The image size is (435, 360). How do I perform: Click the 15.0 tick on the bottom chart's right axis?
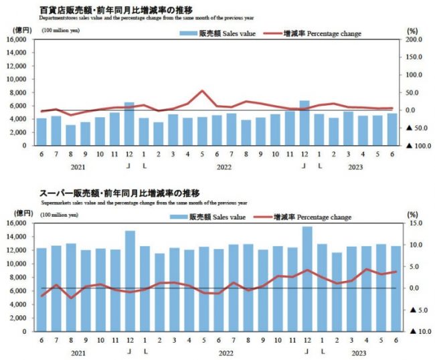click(415, 223)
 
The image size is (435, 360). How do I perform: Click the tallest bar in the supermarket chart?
click(307, 278)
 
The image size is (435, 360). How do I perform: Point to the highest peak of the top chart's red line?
click(203, 90)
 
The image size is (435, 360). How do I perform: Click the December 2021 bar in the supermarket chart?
click(130, 280)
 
